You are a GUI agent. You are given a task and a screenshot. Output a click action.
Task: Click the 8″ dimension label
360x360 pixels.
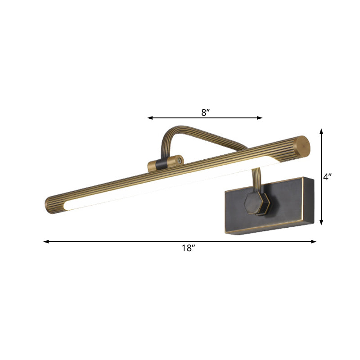coord(206,112)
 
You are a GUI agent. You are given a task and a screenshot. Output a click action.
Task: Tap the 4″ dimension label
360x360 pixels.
coord(327,177)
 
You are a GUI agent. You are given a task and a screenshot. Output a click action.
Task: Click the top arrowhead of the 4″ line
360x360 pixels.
coord(321,131)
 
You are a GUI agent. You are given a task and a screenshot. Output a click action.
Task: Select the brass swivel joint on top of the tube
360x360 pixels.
coord(166,164)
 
